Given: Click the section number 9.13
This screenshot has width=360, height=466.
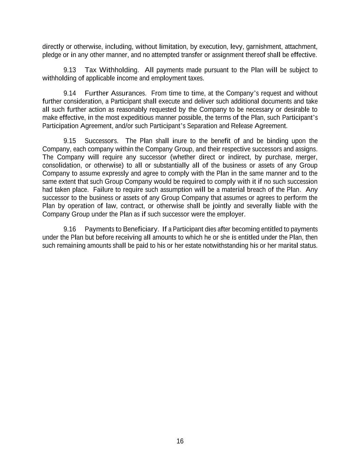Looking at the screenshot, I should [x=70, y=70].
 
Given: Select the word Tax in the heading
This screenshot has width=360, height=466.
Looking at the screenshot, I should [x=90, y=70].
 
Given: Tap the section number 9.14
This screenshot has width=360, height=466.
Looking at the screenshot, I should [x=70, y=93].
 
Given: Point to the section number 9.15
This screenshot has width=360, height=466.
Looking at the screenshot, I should [x=70, y=141].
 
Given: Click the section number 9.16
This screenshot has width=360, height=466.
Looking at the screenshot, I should [x=70, y=229].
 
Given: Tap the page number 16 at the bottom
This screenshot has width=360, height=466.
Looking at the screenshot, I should [x=180, y=441].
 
